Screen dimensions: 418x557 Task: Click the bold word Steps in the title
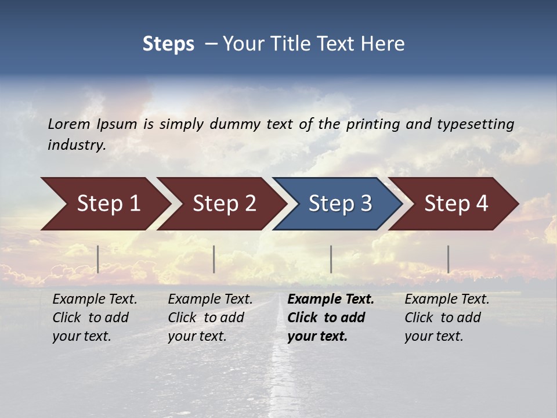pyautogui.click(x=168, y=44)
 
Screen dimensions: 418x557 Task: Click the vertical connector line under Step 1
pyautogui.click(x=98, y=259)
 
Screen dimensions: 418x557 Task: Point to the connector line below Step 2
pyautogui.click(x=214, y=259)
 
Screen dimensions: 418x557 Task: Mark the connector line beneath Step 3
pyautogui.click(x=331, y=259)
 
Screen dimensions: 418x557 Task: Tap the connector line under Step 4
pyautogui.click(x=448, y=259)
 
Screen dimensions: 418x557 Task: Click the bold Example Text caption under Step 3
pyautogui.click(x=330, y=318)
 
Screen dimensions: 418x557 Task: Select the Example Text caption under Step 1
pyautogui.click(x=95, y=318)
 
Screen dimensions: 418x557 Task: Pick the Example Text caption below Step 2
pyautogui.click(x=210, y=318)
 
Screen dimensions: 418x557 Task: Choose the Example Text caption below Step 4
pyautogui.click(x=447, y=318)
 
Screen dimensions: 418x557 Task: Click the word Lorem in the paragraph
pyautogui.click(x=69, y=124)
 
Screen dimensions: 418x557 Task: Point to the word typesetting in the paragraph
pyautogui.click(x=475, y=124)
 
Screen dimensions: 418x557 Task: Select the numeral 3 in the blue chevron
pyautogui.click(x=366, y=204)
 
